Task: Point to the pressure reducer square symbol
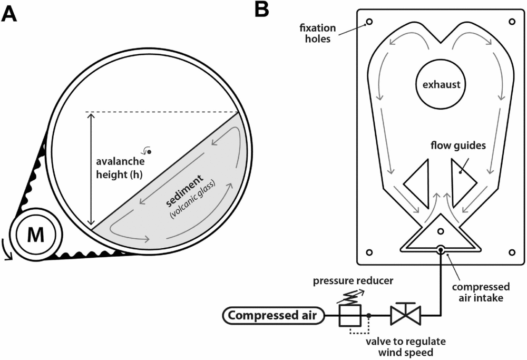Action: pyautogui.click(x=349, y=316)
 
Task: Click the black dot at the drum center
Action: pyautogui.click(x=149, y=152)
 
